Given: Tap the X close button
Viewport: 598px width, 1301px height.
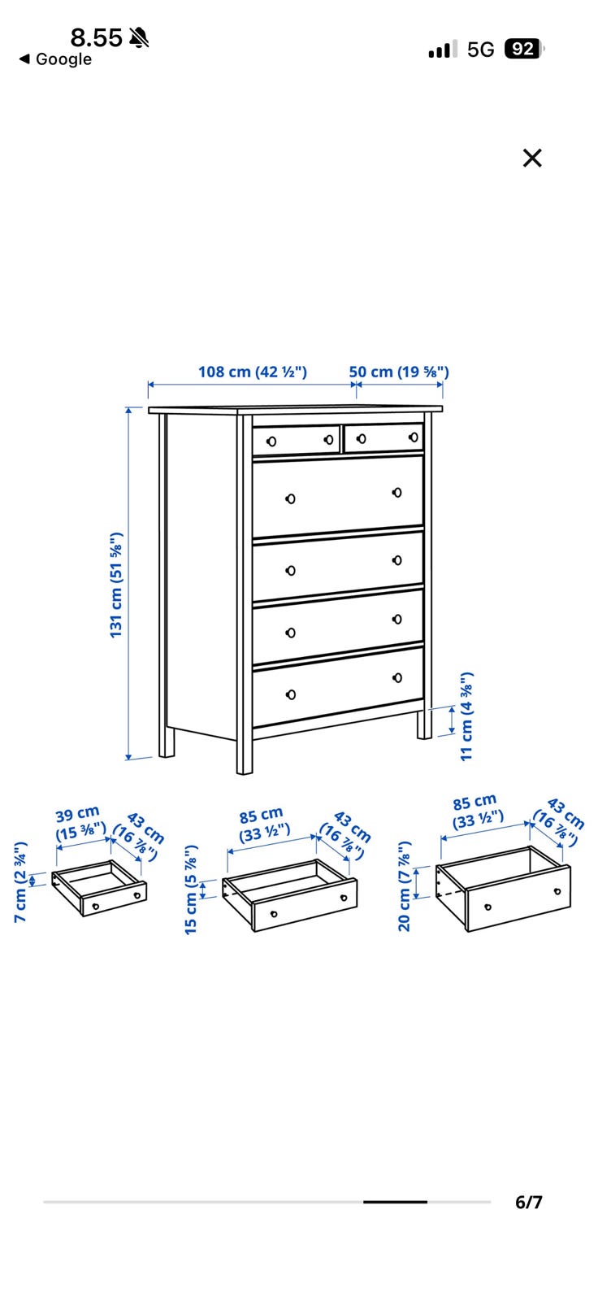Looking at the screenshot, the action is pyautogui.click(x=532, y=158).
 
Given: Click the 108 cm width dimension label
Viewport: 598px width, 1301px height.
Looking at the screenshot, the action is pyautogui.click(x=253, y=372).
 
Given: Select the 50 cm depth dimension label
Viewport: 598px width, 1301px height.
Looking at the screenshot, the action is pyautogui.click(x=399, y=372).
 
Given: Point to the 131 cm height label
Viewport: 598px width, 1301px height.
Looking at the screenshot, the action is pyautogui.click(x=117, y=585).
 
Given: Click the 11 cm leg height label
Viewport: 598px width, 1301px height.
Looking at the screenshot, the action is pyautogui.click(x=467, y=716).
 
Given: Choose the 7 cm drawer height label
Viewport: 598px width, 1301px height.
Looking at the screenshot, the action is pyautogui.click(x=20, y=881).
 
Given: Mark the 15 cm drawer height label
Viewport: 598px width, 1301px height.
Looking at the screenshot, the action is pyautogui.click(x=191, y=890).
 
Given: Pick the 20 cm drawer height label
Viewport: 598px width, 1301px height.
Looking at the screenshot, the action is pyautogui.click(x=404, y=886).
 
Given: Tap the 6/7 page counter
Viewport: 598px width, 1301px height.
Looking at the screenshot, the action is pyautogui.click(x=528, y=1203).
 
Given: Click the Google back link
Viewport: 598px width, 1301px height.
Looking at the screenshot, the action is pyautogui.click(x=56, y=59).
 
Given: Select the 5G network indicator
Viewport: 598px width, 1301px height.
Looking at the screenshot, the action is pyautogui.click(x=481, y=50).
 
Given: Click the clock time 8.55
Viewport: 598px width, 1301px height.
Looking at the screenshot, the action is pyautogui.click(x=97, y=37).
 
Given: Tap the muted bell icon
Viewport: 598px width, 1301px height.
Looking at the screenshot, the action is pyautogui.click(x=139, y=37).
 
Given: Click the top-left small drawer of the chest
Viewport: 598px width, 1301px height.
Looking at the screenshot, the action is pyautogui.click(x=296, y=440).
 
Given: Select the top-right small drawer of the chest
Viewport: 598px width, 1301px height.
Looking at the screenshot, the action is pyautogui.click(x=383, y=438).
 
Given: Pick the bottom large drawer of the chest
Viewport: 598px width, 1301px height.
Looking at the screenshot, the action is pyautogui.click(x=338, y=686).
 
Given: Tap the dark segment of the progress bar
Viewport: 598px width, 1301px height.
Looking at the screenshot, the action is pyautogui.click(x=396, y=1202).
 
